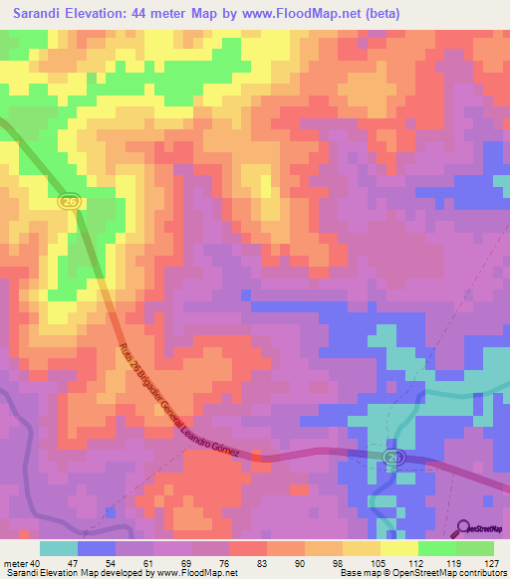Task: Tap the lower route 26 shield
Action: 395,456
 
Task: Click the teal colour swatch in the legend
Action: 59,548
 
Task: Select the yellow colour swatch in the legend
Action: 399,548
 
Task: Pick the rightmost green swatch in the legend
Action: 475,548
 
